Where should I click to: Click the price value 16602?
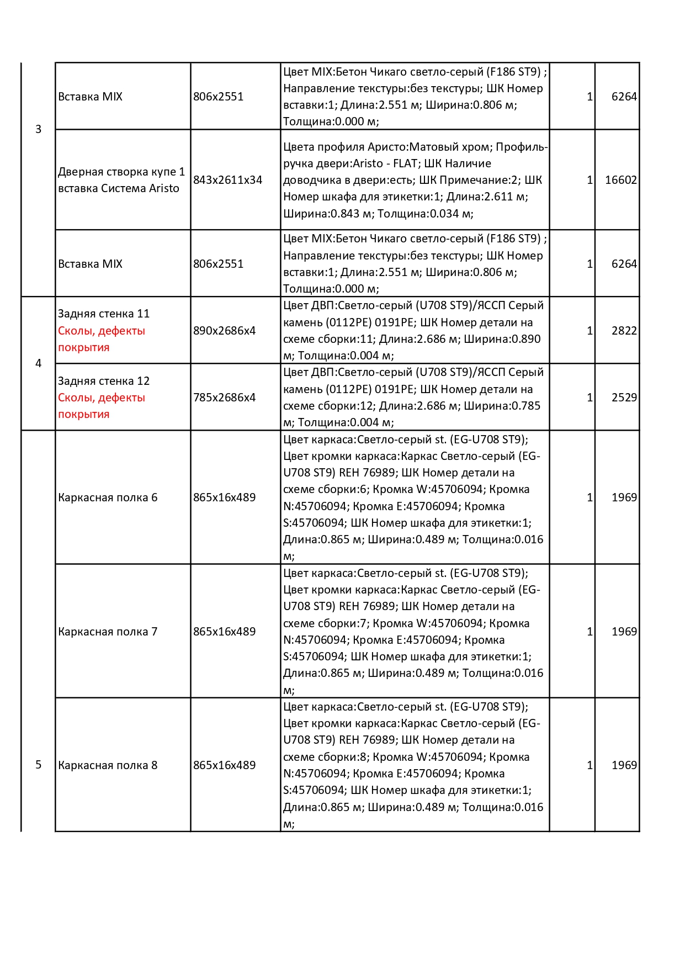tap(620, 180)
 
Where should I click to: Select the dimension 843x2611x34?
tap(227, 180)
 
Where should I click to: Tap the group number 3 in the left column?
tap(38, 129)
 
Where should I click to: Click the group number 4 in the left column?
tap(38, 363)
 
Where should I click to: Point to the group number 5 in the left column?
tap(38, 765)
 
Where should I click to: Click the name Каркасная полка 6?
tap(108, 497)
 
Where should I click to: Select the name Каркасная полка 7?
tap(108, 632)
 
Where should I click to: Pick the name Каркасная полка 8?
tap(108, 765)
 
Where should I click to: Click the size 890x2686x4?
tap(224, 331)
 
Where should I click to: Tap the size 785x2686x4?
tap(224, 398)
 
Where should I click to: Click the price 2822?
tap(624, 331)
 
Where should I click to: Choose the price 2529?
tap(624, 398)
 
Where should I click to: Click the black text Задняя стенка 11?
tap(104, 314)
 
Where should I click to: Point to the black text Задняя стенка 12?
tap(104, 381)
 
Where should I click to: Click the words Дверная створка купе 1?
tap(121, 172)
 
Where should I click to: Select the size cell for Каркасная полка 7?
tap(224, 632)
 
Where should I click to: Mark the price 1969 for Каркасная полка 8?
tap(624, 765)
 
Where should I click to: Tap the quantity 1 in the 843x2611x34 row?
tap(590, 180)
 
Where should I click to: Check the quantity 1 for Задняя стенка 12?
tap(590, 398)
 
